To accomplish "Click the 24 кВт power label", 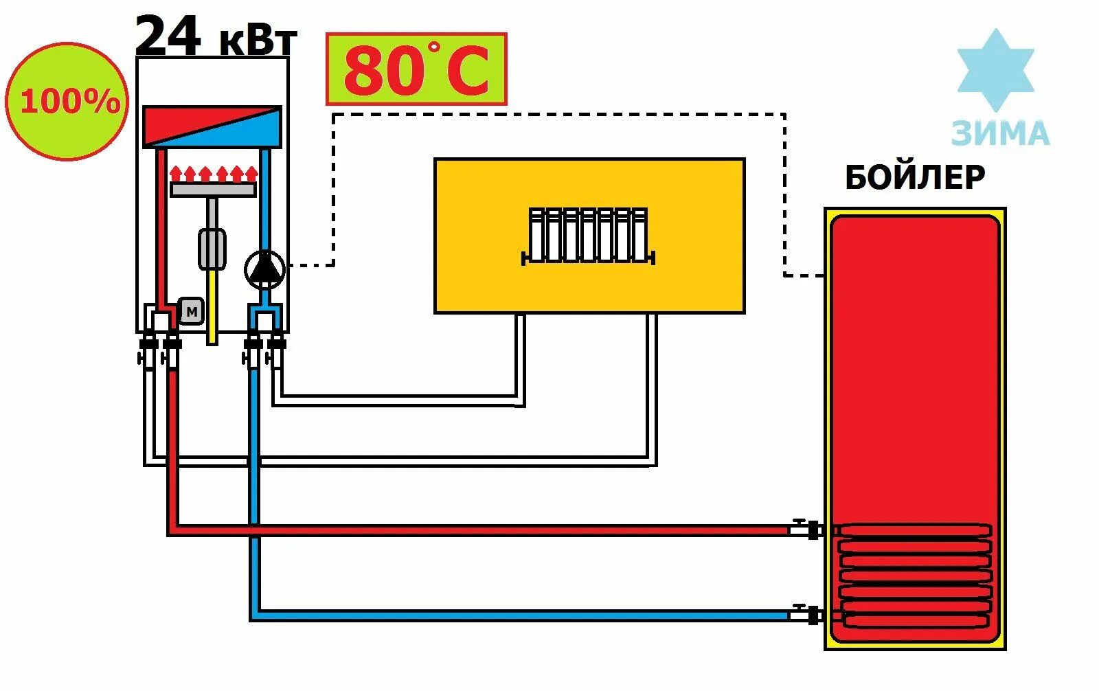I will point(216,36).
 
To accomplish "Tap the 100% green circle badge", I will point(67,101).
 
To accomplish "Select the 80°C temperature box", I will point(416,69).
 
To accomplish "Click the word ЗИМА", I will point(1000,133).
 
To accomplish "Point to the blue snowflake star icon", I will point(995,69).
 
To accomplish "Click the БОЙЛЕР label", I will point(915,177).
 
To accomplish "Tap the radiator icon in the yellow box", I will point(588,236).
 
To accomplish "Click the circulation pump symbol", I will point(264,269).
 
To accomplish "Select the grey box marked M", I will point(192,312).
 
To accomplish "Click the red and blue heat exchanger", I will point(212,126).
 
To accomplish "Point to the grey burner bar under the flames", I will point(213,190).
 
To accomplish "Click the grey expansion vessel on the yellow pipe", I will point(212,249).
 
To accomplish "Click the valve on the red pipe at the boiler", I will point(804,529).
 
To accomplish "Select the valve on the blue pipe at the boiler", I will point(804,613).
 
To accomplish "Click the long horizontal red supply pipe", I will point(481,530).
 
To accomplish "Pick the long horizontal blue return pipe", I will point(522,615).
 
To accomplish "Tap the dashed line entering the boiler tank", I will point(804,275).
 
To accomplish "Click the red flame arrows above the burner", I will point(213,172).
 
